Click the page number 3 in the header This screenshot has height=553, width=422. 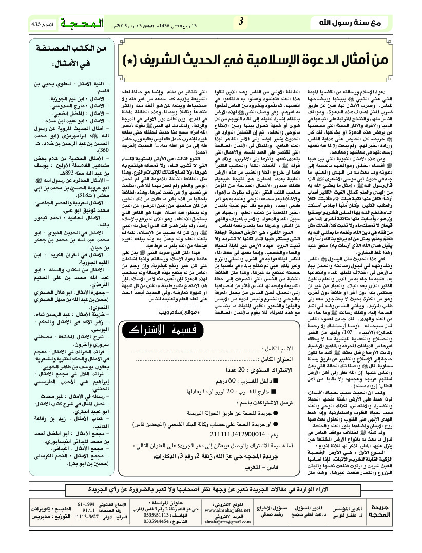pyautogui.click(x=240, y=22)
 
